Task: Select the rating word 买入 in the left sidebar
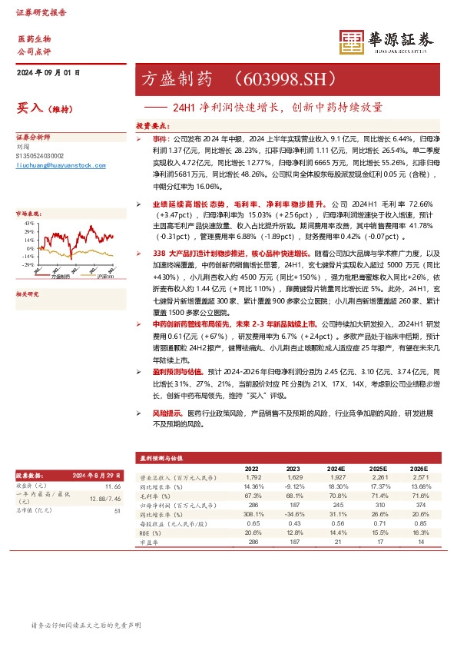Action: tap(28, 108)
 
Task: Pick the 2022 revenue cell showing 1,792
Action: tap(252, 478)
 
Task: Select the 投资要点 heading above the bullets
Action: tap(151, 123)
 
